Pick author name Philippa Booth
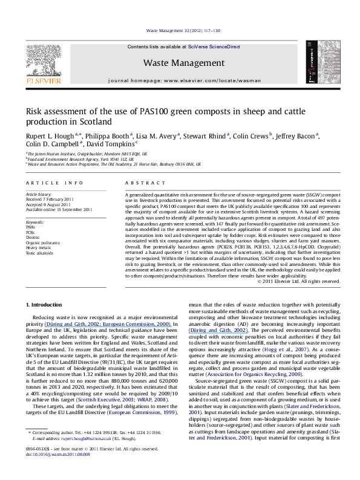103,135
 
